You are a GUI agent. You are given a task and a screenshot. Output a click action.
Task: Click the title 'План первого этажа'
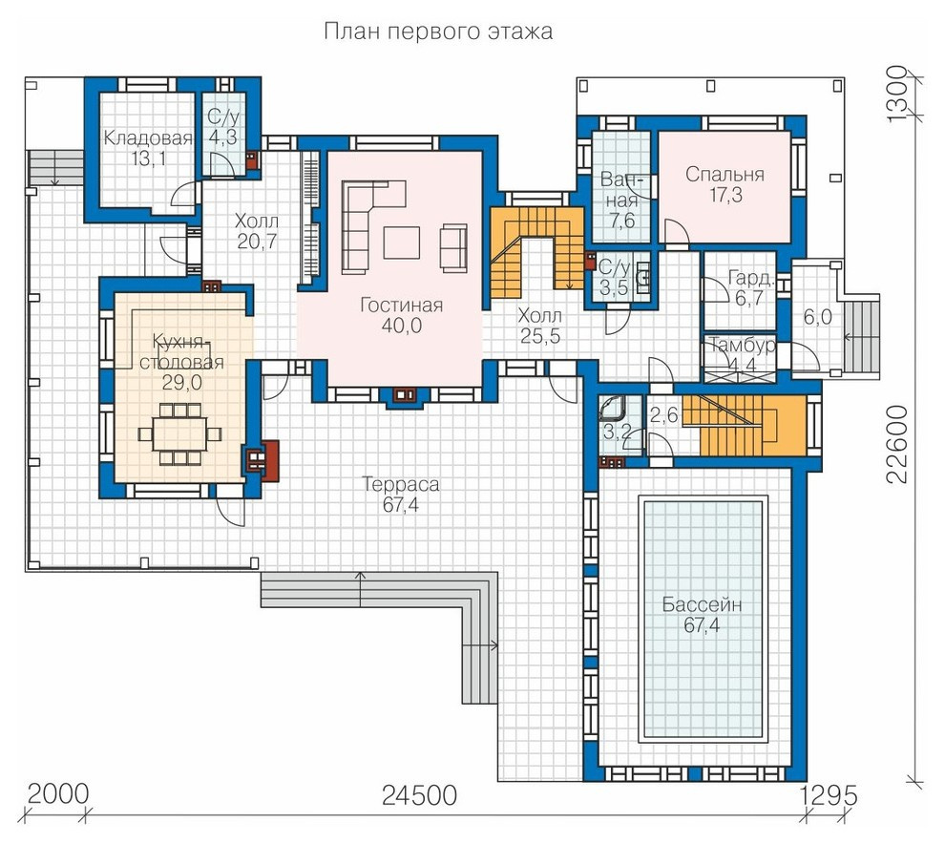tap(437, 31)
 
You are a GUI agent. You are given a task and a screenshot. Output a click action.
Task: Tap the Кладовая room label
tap(148, 138)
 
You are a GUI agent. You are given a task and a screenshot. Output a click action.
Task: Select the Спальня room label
tap(725, 175)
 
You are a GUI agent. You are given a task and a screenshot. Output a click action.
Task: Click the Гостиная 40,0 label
tap(401, 315)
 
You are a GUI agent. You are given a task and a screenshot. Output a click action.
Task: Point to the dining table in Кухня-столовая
tap(179, 434)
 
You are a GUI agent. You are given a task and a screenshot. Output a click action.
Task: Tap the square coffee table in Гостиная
tap(401, 243)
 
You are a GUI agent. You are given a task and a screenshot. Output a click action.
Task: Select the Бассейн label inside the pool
tap(703, 604)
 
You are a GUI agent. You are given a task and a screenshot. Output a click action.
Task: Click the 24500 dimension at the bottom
tap(419, 795)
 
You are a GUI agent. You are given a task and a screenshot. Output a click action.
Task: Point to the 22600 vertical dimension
tap(897, 444)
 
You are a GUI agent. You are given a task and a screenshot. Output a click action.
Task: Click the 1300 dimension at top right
tap(896, 93)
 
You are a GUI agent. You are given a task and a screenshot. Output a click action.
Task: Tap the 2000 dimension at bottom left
tap(58, 794)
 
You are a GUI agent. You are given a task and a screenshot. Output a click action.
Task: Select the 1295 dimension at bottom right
tap(829, 795)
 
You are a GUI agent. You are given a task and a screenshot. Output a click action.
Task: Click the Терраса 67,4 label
tap(401, 495)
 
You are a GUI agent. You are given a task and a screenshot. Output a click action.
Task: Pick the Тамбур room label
tap(742, 346)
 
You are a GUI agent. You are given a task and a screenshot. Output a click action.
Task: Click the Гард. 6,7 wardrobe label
tap(749, 287)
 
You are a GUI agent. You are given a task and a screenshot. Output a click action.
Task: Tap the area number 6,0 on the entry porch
tap(817, 317)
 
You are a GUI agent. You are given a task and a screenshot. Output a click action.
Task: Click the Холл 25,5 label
tap(540, 326)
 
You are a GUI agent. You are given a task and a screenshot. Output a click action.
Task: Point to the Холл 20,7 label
tap(257, 231)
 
